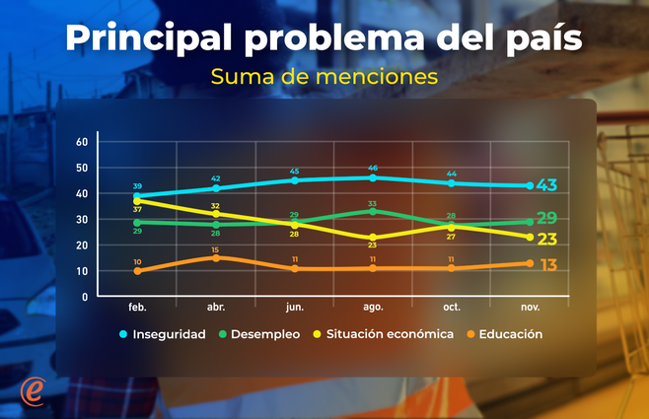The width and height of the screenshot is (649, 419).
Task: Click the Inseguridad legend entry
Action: tap(166, 334)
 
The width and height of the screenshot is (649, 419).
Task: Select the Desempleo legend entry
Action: tap(259, 334)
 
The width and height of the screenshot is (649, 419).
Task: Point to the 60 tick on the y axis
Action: tap(83, 142)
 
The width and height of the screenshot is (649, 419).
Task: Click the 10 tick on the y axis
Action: tap(83, 271)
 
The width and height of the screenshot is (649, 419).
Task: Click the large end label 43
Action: tap(547, 185)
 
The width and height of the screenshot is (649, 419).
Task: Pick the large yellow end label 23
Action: tap(547, 239)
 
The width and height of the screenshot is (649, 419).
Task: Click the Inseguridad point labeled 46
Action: tap(373, 177)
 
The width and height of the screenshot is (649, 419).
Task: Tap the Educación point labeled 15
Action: tap(216, 257)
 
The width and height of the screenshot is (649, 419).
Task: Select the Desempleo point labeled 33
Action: tap(373, 211)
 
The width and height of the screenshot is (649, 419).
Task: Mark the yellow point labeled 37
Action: tap(137, 200)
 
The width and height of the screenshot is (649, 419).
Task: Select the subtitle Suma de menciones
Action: tap(324, 75)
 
